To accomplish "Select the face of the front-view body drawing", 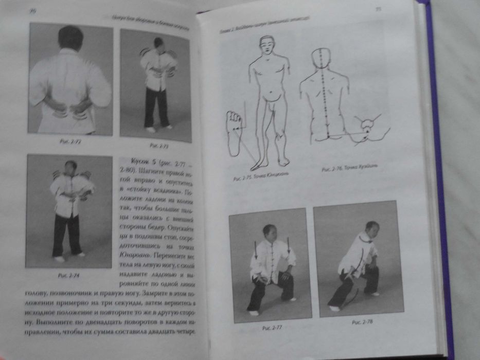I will point(266,46).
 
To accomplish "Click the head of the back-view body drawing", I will point(322,56).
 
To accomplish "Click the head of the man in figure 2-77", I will point(269,231).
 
